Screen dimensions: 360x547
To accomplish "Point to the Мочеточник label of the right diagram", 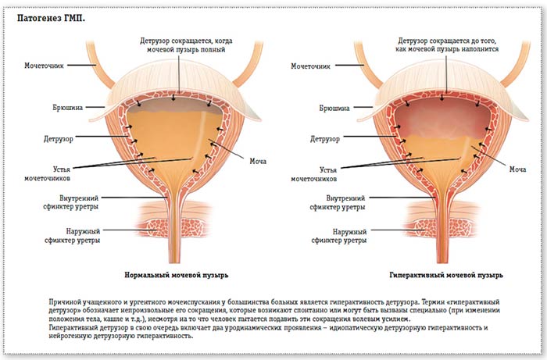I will (x=313, y=66).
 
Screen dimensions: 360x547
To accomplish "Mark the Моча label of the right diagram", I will (x=517, y=168).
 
